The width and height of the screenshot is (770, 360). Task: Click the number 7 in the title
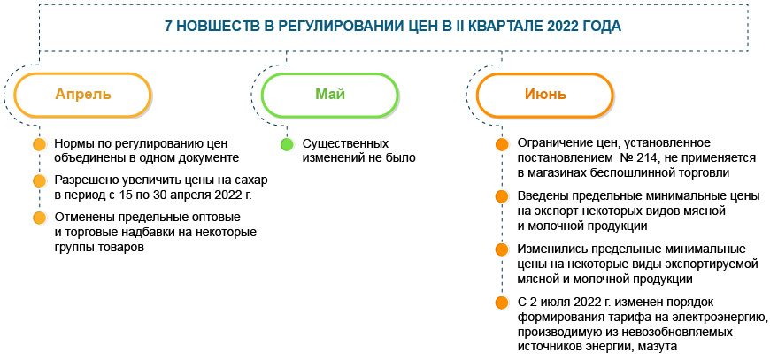pyautogui.click(x=169, y=27)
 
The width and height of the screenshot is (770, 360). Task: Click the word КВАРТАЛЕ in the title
pyautogui.click(x=491, y=27)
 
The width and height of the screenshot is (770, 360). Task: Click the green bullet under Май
pyautogui.click(x=286, y=144)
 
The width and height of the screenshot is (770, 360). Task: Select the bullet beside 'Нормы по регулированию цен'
pyautogui.click(x=38, y=144)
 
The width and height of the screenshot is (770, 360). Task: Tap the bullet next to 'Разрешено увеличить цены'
pyautogui.click(x=38, y=181)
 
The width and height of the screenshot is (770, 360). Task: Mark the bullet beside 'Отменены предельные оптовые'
pyautogui.click(x=38, y=218)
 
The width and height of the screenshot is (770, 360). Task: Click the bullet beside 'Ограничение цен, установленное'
pyautogui.click(x=502, y=144)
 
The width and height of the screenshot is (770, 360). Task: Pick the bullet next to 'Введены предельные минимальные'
pyautogui.click(x=502, y=196)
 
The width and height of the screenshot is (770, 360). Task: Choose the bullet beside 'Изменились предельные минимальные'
pyautogui.click(x=502, y=249)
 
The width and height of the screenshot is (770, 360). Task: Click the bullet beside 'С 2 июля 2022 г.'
pyautogui.click(x=502, y=303)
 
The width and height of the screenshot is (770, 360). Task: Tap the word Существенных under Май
pyautogui.click(x=345, y=143)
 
